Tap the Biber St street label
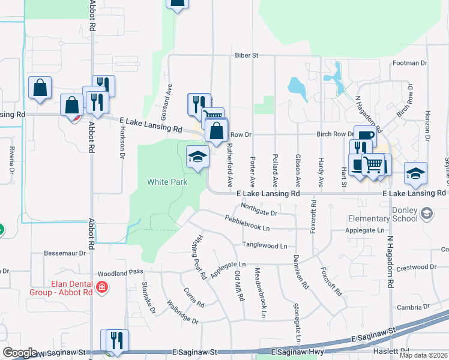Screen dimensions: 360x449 tap(246, 55)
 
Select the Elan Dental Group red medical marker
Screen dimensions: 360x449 tap(101, 288)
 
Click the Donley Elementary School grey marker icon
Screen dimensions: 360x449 tap(426, 214)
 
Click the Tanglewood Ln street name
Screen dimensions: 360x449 tap(265, 245)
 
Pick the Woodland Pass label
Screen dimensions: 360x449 tap(121, 272)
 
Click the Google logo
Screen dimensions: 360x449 tap(20, 353)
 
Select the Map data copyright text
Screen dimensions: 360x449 tap(423, 355)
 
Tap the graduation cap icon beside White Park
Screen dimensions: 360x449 tap(196, 157)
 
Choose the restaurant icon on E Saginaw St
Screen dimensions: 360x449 tap(117, 340)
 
